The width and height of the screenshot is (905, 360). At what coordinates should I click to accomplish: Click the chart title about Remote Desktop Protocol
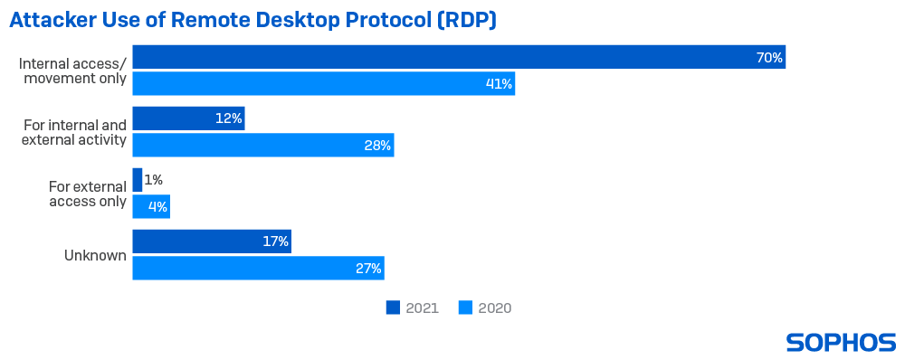[x=252, y=21]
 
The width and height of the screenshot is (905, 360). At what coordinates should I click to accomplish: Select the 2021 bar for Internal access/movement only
[x=459, y=57]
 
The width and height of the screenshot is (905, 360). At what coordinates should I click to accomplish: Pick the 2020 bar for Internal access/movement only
[x=323, y=84]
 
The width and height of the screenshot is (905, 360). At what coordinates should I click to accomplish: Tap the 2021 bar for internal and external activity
[x=188, y=118]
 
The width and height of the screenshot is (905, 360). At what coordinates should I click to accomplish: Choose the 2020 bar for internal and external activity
[x=262, y=146]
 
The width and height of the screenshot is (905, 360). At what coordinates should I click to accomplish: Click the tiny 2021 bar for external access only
[x=138, y=180]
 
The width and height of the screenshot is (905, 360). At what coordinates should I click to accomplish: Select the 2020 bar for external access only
[x=151, y=207]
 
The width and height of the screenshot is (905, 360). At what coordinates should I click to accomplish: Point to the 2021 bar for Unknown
[x=212, y=242]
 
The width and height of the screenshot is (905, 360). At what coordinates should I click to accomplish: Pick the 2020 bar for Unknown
[x=258, y=269]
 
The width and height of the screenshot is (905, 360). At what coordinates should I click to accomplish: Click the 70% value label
[x=768, y=58]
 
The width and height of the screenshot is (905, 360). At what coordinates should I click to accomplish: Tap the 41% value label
[x=499, y=84]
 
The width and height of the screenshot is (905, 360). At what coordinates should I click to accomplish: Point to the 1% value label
[x=153, y=180]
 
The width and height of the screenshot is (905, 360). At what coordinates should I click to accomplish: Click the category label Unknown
[x=94, y=255]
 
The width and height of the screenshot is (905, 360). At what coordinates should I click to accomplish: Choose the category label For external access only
[x=87, y=194]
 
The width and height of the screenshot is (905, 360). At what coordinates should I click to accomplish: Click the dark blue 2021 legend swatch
[x=393, y=308]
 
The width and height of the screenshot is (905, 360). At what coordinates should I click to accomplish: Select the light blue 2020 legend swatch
[x=465, y=308]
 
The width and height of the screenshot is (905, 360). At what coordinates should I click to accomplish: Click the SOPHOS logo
[x=841, y=342]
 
